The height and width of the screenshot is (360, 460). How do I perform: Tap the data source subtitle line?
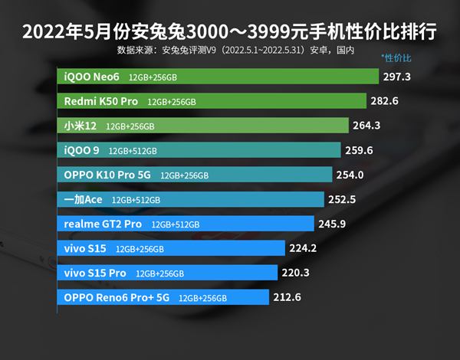coord(236,51)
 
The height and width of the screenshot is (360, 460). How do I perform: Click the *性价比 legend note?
coord(396,58)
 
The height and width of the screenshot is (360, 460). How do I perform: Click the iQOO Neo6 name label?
coord(91,77)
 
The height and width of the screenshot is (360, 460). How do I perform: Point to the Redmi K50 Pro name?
coord(100,101)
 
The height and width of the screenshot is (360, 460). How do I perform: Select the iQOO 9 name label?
coord(82,150)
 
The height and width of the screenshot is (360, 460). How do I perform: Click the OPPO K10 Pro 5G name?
coord(107,175)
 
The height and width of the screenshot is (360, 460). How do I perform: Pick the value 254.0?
coord(349,175)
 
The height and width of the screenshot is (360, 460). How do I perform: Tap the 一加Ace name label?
coord(83,199)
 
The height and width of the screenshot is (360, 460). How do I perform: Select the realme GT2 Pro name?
coord(103,224)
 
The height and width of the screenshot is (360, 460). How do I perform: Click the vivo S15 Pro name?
coord(95,273)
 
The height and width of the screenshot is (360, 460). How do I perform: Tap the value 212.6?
coord(285,297)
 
